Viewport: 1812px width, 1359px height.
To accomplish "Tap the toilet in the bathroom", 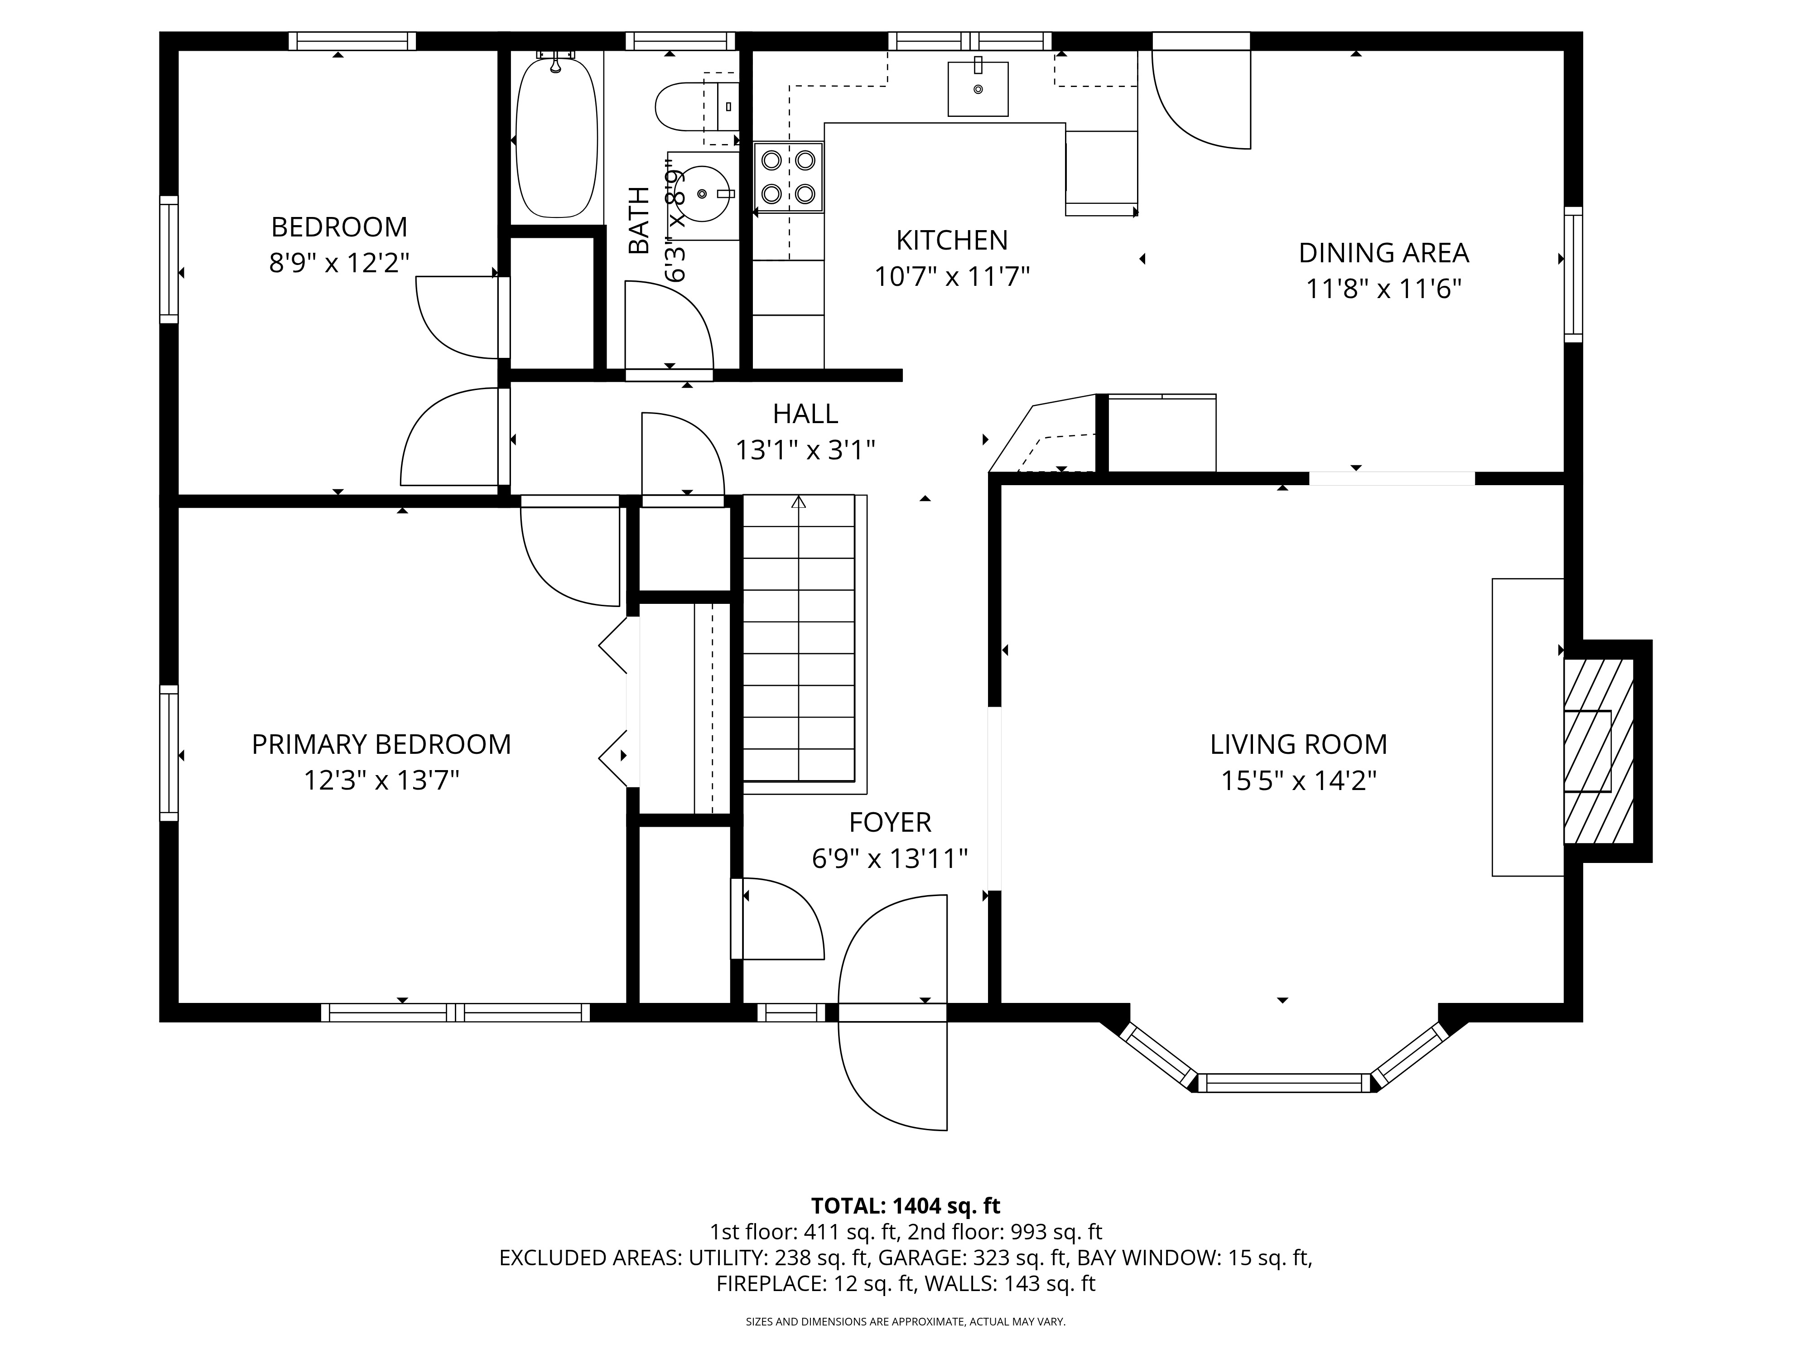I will pyautogui.click(x=686, y=106).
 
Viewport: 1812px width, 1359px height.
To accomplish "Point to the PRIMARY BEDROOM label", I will pyautogui.click(x=381, y=744).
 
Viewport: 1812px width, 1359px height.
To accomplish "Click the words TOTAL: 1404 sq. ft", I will pyautogui.click(x=905, y=1206).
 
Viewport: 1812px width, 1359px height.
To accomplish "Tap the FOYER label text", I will pyautogui.click(x=890, y=822).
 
